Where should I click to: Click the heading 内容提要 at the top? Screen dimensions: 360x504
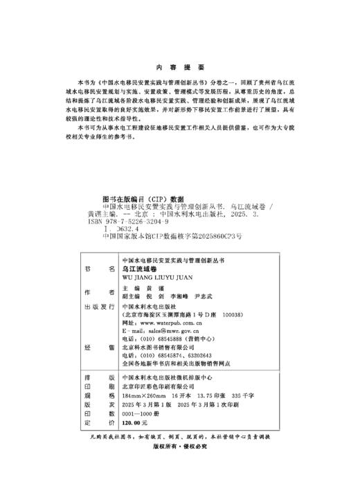[180, 67]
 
